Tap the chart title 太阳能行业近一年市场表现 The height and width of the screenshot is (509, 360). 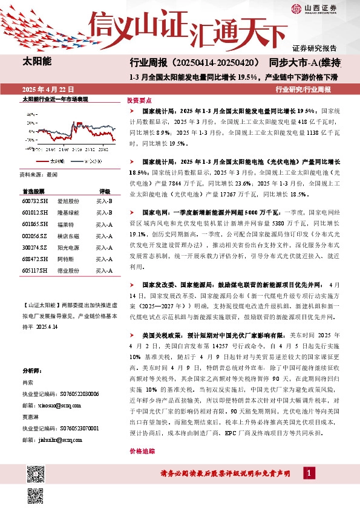coord(55,99)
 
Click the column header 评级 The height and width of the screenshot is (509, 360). coord(105,190)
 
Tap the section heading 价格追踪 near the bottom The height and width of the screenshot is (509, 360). coord(140,451)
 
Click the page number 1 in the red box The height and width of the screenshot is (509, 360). coord(309,473)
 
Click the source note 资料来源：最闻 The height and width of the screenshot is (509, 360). coord(39,174)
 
